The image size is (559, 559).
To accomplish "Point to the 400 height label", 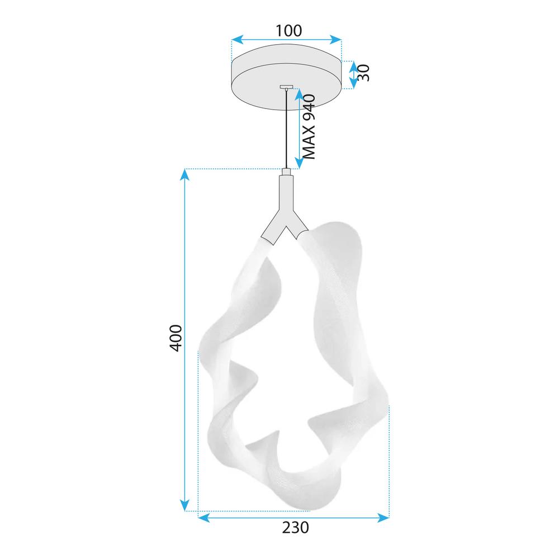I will click(176, 338).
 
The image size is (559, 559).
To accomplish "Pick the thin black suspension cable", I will click(287, 129).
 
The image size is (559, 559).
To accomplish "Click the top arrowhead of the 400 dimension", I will click(185, 175).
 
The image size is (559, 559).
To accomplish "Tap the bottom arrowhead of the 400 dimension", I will click(185, 505).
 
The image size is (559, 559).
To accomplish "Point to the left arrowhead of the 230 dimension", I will click(205, 518).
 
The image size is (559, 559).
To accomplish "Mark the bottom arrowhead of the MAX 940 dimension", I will click(297, 163).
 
